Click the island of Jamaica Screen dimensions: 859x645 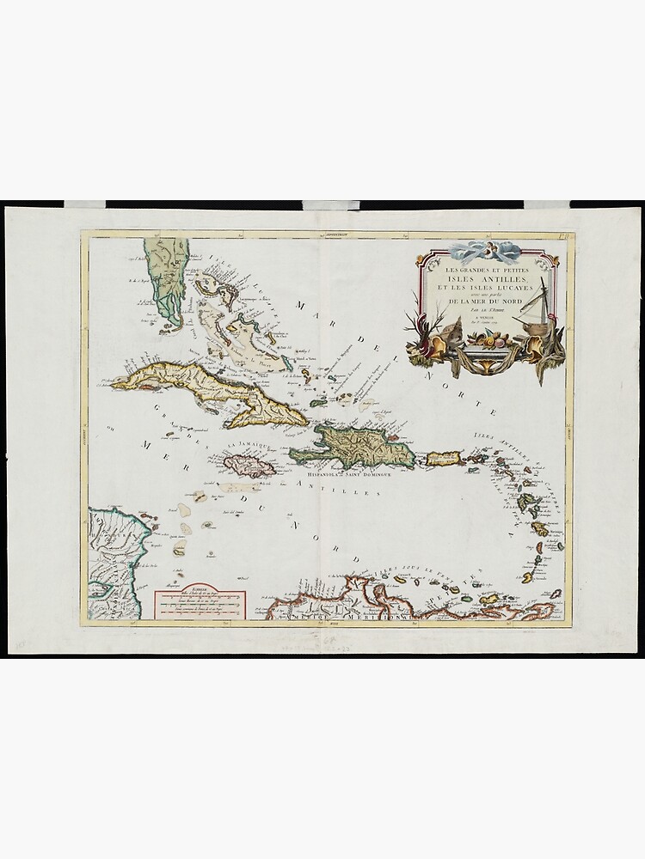[249, 466]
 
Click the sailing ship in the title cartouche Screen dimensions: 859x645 [535, 309]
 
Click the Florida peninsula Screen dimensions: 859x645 [167, 275]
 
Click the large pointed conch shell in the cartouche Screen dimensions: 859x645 [455, 331]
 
